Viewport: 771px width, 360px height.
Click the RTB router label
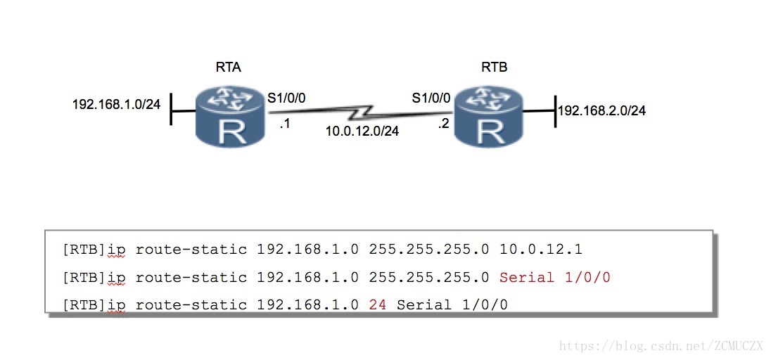(494, 67)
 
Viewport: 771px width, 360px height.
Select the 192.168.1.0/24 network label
(116, 105)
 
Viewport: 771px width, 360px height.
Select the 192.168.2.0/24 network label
(602, 110)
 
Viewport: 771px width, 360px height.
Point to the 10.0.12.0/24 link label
(362, 130)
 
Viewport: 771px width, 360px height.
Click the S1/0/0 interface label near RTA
(286, 98)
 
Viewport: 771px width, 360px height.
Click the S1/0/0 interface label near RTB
(431, 98)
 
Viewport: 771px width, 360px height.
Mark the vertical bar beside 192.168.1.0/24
(171, 110)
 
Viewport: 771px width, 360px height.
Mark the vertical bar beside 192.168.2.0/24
(555, 111)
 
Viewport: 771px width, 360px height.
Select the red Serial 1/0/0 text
(554, 278)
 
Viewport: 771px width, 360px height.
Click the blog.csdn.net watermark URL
(661, 345)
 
